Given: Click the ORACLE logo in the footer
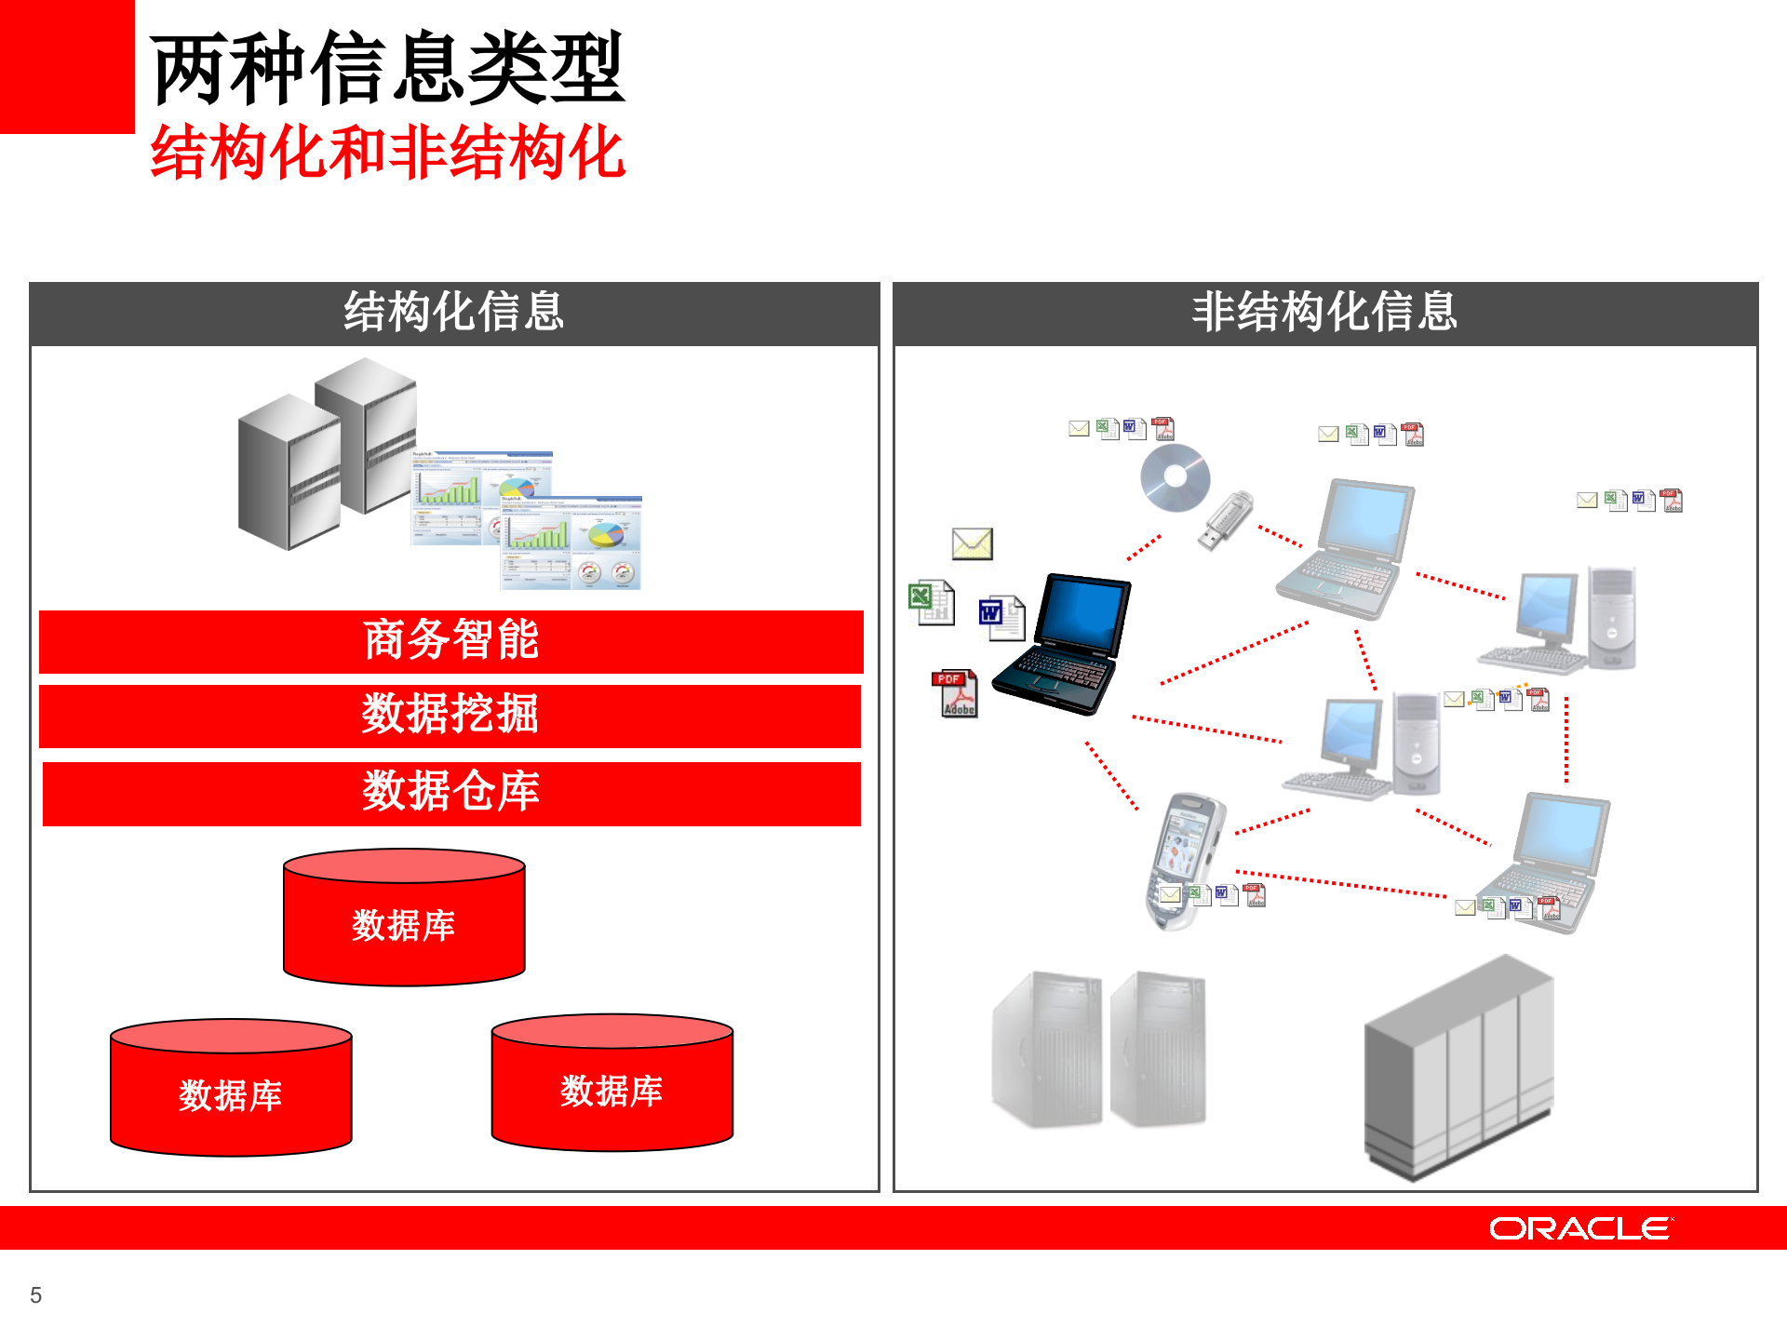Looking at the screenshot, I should [x=1579, y=1228].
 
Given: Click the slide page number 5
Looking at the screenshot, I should [x=36, y=1295].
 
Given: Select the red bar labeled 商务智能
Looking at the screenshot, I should [x=451, y=641].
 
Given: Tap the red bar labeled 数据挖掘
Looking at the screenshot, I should [x=450, y=716].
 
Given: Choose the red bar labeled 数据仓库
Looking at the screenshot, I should [x=451, y=793].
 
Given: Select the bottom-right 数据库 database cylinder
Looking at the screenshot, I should [x=611, y=1084].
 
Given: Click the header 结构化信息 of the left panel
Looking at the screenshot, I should [x=454, y=313].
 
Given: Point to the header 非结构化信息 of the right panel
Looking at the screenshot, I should [x=1324, y=313].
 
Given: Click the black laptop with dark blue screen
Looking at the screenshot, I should [x=1063, y=646].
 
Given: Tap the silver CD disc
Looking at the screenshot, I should [x=1175, y=477].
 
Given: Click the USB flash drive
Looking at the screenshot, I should [x=1226, y=520].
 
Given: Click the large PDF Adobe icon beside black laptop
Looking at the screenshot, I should [x=955, y=694].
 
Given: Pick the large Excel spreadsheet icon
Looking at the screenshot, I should [x=931, y=603].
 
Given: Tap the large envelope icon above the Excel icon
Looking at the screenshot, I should [x=972, y=543].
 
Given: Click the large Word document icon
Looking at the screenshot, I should [x=1001, y=618].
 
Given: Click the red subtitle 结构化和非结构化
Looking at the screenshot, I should [x=387, y=153].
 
